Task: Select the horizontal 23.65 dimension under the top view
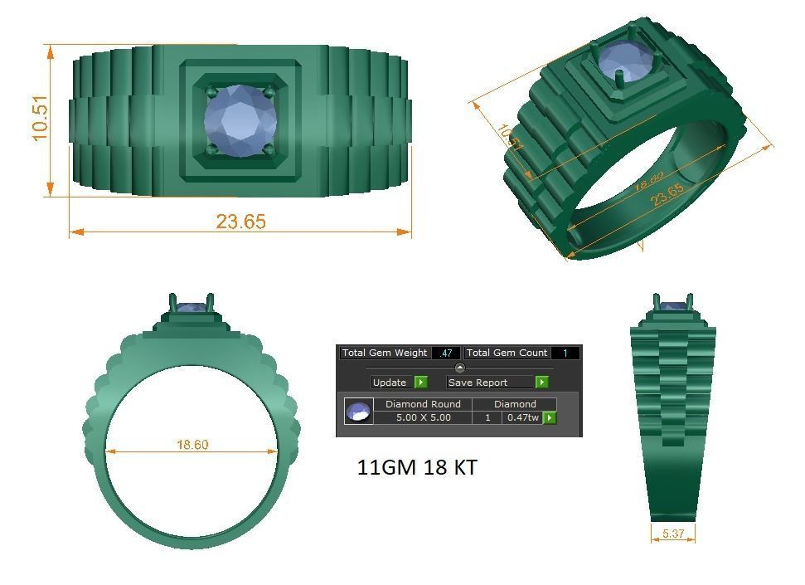tap(240, 222)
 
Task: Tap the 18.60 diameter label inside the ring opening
tap(192, 445)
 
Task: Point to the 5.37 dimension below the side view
tap(673, 534)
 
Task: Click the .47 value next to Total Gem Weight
tap(446, 353)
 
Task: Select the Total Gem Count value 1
tap(565, 353)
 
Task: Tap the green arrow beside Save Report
tap(541, 383)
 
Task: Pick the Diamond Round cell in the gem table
tap(423, 404)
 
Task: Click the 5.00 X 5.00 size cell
tap(423, 417)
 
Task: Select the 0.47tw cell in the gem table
tap(522, 417)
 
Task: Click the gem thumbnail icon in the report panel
tap(358, 412)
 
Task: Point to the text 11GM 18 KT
tap(416, 467)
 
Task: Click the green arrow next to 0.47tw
tap(549, 417)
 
